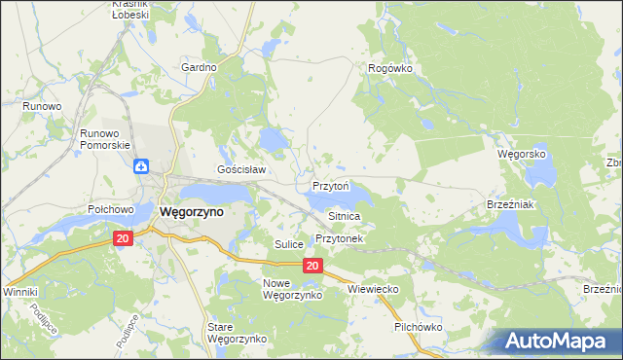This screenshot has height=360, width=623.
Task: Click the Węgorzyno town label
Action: (191, 211)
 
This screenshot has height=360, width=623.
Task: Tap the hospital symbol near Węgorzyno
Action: (142, 166)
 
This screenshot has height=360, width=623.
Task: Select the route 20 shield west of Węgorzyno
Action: (122, 238)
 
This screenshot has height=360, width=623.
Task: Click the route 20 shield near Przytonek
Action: (311, 266)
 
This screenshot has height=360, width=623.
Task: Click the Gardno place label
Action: (199, 67)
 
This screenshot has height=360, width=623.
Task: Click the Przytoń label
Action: (331, 185)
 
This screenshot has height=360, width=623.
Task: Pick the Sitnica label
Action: (345, 216)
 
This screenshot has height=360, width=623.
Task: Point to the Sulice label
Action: (290, 244)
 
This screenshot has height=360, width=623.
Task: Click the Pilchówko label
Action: (419, 327)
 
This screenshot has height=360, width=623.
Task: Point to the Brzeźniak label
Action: (506, 206)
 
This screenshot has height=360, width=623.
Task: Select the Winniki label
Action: (19, 292)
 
